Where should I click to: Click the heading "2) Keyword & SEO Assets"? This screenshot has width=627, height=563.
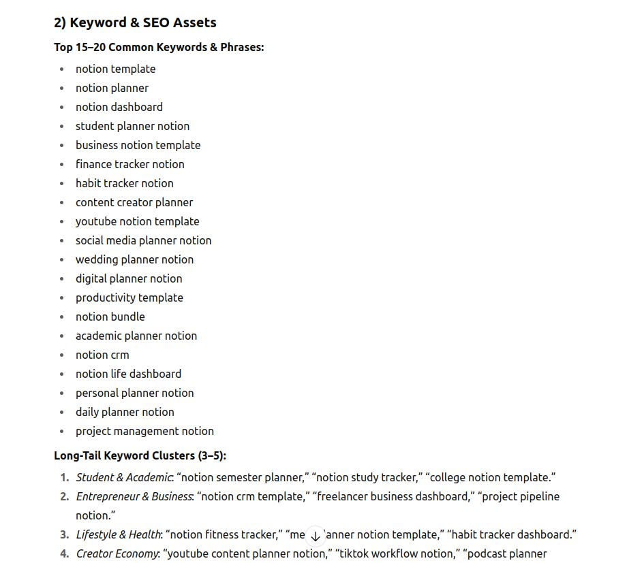point(135,22)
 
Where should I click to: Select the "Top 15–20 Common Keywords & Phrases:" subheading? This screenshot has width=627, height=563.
point(159,48)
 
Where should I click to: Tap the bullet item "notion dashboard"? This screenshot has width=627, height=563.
point(119,107)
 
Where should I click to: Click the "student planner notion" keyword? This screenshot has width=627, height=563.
point(132,126)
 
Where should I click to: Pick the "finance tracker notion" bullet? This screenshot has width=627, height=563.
point(129,164)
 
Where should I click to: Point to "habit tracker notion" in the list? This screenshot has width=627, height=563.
point(124,183)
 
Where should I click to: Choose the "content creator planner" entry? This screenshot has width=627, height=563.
point(134,202)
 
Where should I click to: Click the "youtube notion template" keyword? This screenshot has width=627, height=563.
point(137,221)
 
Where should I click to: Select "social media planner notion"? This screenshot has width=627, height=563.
point(143,240)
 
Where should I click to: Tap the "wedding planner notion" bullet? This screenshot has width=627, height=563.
point(134,259)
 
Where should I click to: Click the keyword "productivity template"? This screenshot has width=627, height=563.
point(129,297)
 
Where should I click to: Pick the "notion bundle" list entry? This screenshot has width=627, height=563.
point(110,317)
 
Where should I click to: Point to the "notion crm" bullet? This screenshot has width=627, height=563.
point(102,355)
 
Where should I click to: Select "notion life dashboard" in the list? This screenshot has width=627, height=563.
point(128,374)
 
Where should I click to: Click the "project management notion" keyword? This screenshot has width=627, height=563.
point(144,431)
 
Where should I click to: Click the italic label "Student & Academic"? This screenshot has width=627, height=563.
point(123,478)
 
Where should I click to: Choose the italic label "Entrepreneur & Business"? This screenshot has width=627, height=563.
point(134,497)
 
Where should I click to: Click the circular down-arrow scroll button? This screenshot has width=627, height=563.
point(314,536)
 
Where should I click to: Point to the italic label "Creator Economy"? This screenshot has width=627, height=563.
point(117,554)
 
